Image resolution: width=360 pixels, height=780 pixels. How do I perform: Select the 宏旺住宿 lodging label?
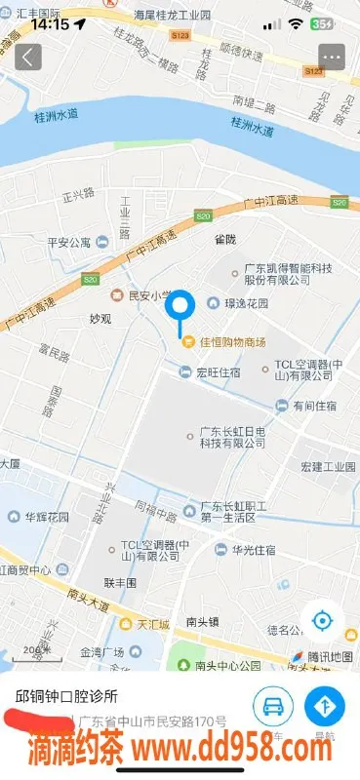218,370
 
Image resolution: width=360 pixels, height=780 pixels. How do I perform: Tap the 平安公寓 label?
69,242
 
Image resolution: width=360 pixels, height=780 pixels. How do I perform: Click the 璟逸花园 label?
245,303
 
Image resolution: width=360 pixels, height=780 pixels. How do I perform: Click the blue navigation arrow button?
325,706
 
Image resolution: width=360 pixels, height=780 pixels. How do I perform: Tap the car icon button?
274,706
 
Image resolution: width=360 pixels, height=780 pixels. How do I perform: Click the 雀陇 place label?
225,237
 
